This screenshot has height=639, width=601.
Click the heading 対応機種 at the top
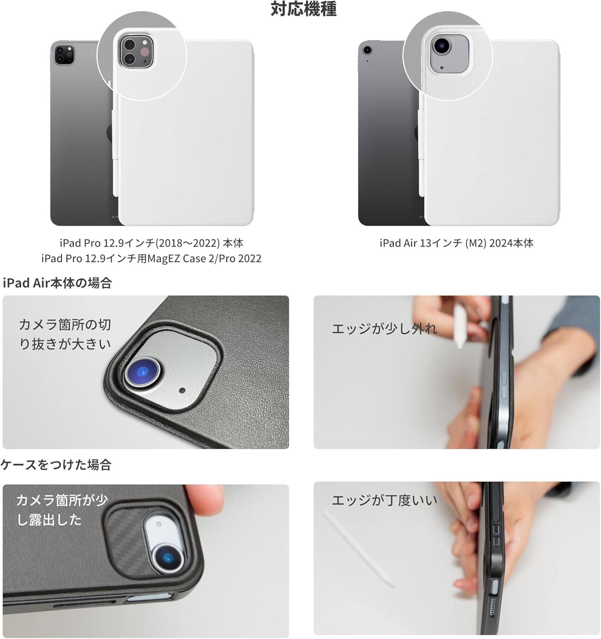coord(304,9)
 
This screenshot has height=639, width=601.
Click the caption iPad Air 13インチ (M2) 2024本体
coord(456,243)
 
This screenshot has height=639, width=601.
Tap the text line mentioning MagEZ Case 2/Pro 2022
coord(151,259)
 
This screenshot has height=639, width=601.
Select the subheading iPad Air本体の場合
coord(57,283)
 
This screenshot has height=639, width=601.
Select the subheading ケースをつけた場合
coord(56,464)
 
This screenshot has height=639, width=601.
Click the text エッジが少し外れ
coord(384,328)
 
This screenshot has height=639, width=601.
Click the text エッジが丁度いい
coord(384,500)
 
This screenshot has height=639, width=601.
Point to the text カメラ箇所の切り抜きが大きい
coord(65,334)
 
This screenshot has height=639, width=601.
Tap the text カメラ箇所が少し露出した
coord(62,509)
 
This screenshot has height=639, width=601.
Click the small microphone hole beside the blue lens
coord(183,390)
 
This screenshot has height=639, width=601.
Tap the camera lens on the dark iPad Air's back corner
coord(367,50)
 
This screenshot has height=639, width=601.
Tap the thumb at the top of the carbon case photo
coord(204,494)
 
